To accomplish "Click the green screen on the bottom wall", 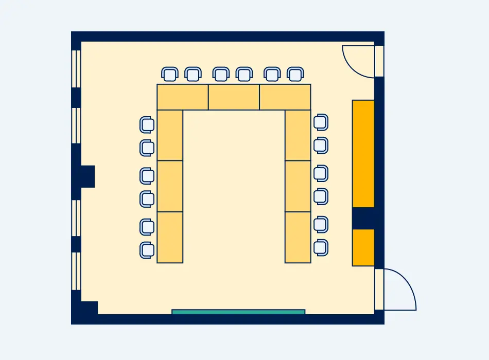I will tap(238, 312).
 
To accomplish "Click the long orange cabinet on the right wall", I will tap(363, 153).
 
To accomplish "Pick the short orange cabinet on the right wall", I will tap(363, 247).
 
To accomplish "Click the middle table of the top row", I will tap(234, 97).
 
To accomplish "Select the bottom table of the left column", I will tap(170, 237).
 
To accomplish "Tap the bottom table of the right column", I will tap(298, 237).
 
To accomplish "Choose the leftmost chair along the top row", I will tap(169, 75).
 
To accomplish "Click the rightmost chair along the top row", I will tap(294, 75).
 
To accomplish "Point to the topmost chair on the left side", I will tap(147, 124).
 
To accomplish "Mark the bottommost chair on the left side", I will tap(147, 250).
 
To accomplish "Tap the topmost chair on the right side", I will tap(320, 122).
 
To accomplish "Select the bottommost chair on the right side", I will tap(320, 247).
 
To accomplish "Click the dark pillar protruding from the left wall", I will tap(87, 176).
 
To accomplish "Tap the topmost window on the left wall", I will tap(76, 68).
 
